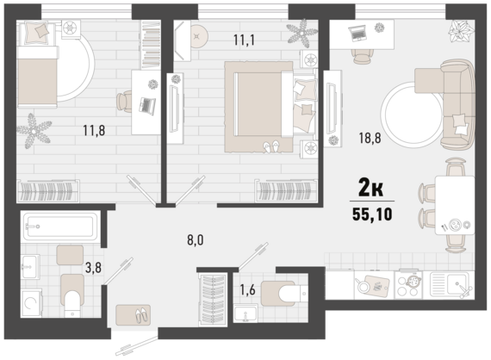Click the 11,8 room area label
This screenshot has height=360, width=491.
tap(94, 130)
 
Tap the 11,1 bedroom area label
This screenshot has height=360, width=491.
tap(245, 40)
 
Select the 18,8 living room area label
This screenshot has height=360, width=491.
tap(370, 138)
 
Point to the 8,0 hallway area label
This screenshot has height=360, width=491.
tap(196, 240)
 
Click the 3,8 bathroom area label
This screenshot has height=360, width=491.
tap(93, 268)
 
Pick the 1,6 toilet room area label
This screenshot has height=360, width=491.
tap(247, 290)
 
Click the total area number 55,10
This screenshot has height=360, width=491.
tap(372, 214)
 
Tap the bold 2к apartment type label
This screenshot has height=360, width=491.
tap(370, 188)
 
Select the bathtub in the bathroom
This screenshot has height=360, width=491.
tap(60, 227)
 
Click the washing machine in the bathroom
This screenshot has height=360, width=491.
tap(31, 303)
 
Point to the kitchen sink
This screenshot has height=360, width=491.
tap(450, 284)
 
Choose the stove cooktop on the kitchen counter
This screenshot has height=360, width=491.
tap(407, 284)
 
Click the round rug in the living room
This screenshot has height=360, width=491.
tap(411, 115)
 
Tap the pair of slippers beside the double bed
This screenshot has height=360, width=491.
tap(271, 146)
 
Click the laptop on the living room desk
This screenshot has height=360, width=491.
tap(358, 34)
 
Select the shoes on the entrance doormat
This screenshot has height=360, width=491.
tap(140, 315)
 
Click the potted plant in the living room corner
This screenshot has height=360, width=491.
tap(461, 31)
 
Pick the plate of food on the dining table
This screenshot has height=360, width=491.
tap(455, 225)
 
